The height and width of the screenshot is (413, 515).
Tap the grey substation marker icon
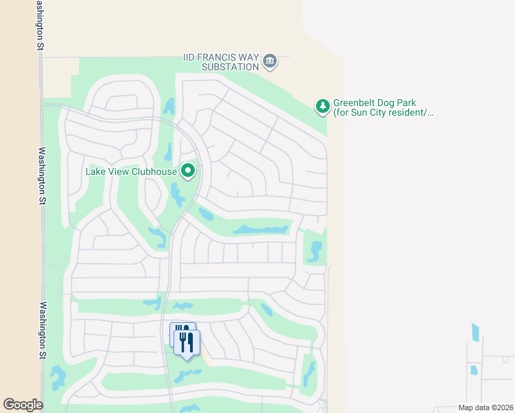click(271, 62)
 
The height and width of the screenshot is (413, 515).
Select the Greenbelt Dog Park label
click(375, 103)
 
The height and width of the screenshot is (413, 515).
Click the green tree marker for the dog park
click(322, 106)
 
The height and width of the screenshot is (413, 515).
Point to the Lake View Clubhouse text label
click(132, 171)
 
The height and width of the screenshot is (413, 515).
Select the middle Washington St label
click(42, 176)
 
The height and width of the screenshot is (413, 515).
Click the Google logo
click(23, 405)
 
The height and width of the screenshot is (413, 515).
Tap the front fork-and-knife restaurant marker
click(187, 343)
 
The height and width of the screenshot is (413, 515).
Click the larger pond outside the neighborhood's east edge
click(475, 332)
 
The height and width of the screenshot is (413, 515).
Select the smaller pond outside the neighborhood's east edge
click(474, 370)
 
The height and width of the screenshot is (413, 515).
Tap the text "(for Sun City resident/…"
click(384, 113)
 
